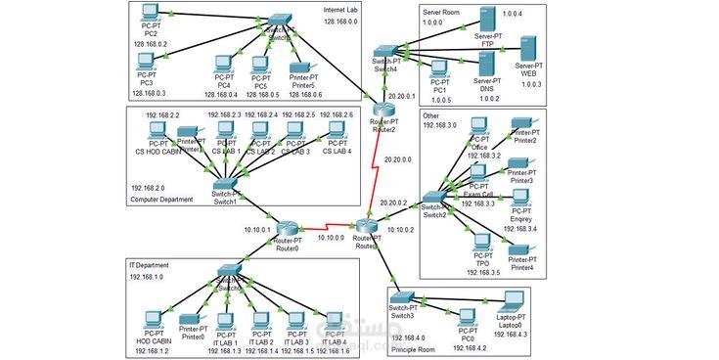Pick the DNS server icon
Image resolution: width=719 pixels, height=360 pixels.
[486, 64]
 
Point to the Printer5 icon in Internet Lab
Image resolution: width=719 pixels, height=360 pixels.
[302, 67]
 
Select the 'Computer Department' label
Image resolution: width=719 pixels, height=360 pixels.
[168, 200]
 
